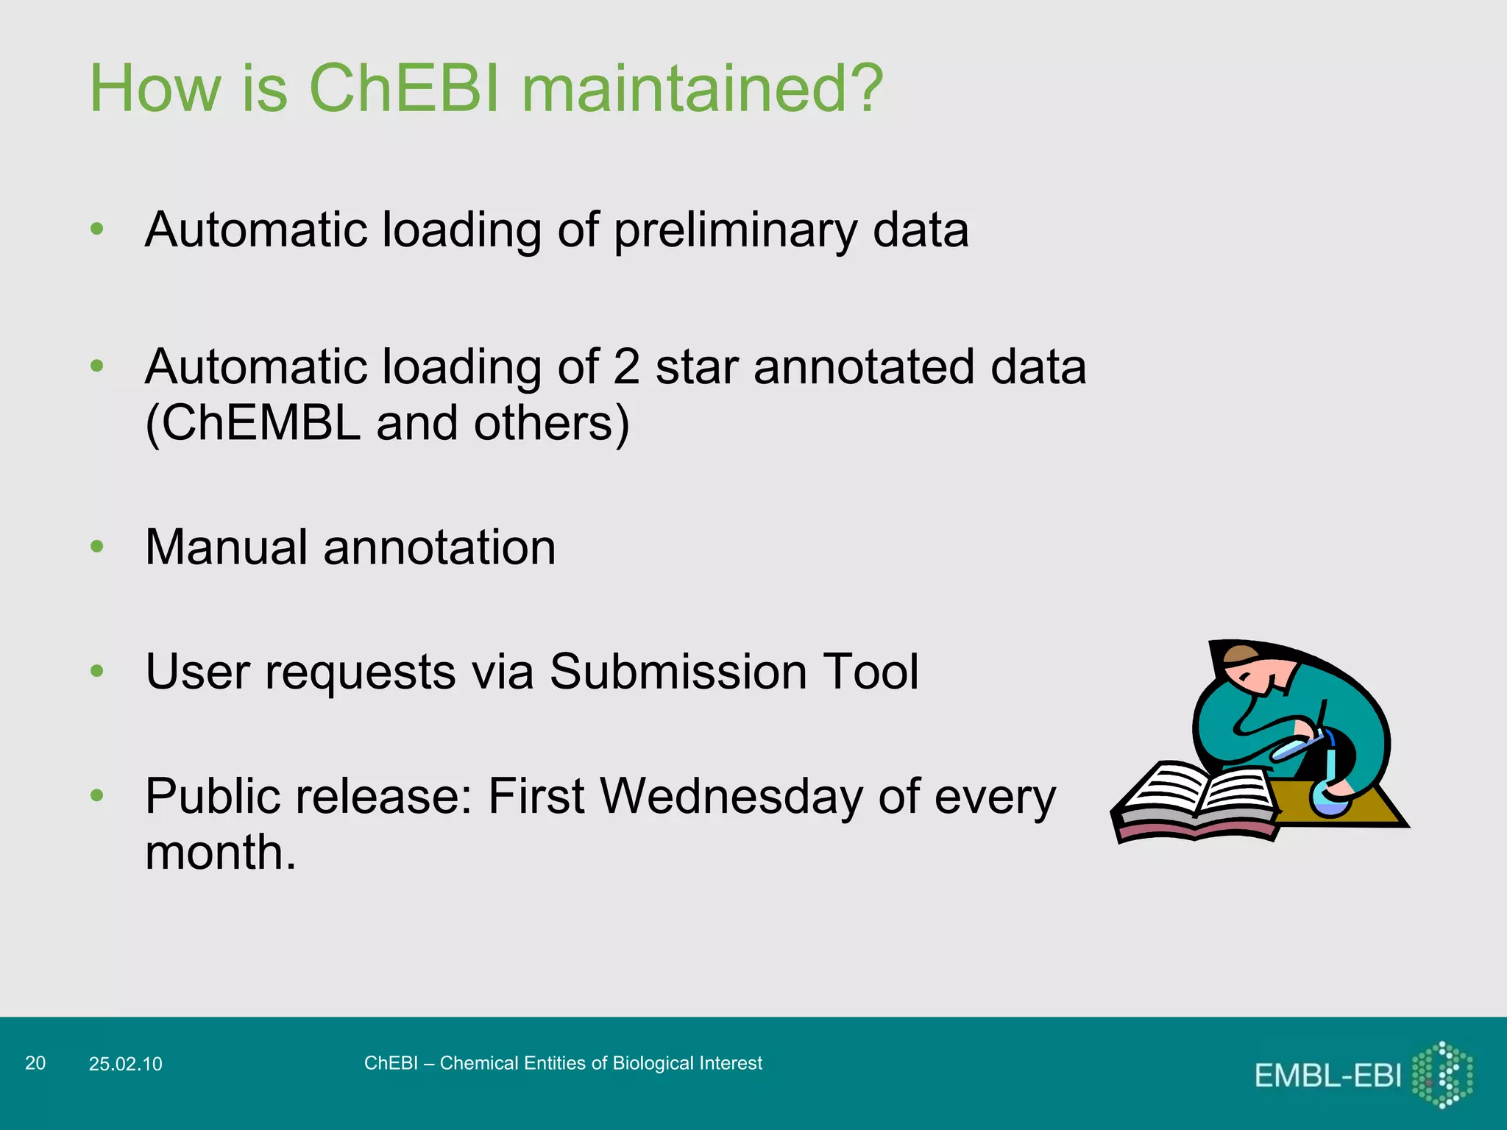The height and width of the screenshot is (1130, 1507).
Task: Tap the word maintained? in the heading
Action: pyautogui.click(x=702, y=88)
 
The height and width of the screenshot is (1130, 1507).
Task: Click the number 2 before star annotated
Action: pyautogui.click(x=626, y=366)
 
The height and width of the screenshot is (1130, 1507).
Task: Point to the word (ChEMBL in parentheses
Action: pyautogui.click(x=252, y=423)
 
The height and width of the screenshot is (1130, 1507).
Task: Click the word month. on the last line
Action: pyautogui.click(x=220, y=853)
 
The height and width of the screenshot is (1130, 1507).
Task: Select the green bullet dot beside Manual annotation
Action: pyautogui.click(x=96, y=547)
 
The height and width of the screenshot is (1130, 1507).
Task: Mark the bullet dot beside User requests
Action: pyautogui.click(x=96, y=671)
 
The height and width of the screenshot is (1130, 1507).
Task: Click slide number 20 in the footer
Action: pyautogui.click(x=35, y=1063)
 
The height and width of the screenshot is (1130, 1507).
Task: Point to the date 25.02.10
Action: pyautogui.click(x=125, y=1064)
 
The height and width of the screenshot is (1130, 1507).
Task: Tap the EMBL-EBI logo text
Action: pyautogui.click(x=1327, y=1076)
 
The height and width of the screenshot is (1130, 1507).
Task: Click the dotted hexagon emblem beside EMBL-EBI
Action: pyautogui.click(x=1442, y=1075)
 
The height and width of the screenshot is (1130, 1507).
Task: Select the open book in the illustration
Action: pyautogui.click(x=1198, y=802)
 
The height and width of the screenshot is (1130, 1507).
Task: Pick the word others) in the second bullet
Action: pyautogui.click(x=551, y=423)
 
